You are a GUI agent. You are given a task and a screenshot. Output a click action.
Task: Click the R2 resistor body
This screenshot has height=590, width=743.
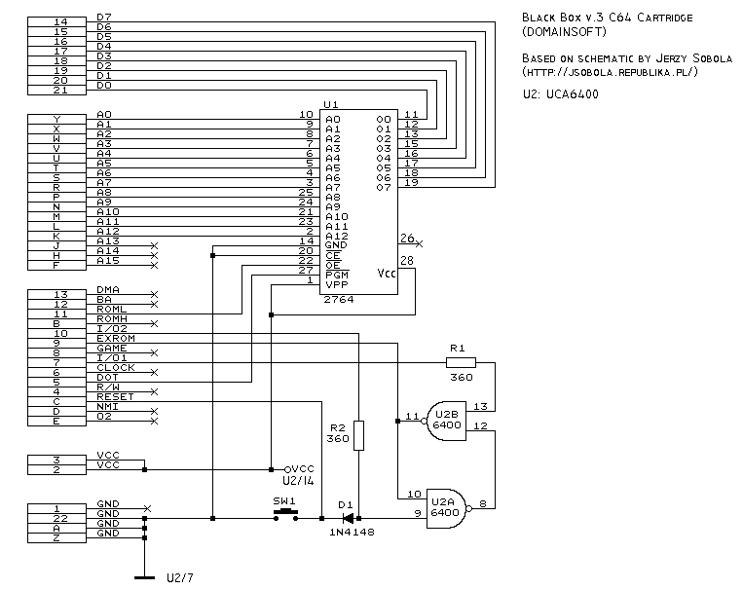point(358,435)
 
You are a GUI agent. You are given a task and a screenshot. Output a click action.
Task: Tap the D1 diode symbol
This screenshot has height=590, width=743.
point(346,517)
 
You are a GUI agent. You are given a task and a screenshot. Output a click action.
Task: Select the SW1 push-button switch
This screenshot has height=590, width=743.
point(283,514)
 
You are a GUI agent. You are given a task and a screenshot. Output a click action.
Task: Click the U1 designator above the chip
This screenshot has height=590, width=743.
point(331,104)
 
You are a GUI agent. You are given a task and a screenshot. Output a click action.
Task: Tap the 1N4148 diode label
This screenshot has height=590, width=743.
point(352,533)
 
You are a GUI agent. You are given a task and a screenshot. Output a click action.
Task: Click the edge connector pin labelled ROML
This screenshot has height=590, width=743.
point(60,313)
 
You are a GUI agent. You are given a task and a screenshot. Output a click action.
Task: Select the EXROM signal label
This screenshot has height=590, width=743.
point(115,338)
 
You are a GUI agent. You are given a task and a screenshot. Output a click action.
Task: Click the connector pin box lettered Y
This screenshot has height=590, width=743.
point(60,119)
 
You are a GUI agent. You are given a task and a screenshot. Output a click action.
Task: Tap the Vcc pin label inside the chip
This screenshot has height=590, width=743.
point(387,274)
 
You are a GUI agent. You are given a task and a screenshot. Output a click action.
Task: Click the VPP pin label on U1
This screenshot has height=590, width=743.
point(337,284)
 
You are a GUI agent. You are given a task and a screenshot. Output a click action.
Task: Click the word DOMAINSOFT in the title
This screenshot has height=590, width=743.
point(568,33)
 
